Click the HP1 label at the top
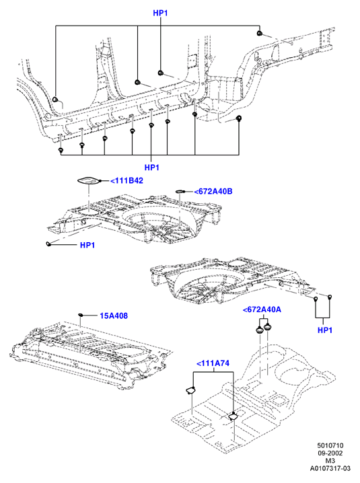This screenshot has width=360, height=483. tap(160, 13)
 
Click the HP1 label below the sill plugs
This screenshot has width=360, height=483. tap(151, 168)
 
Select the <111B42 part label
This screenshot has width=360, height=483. tap(127, 180)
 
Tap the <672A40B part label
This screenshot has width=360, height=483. tap(213, 191)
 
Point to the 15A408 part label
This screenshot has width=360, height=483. tap(114, 315)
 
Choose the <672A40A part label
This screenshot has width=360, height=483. tap(262, 309)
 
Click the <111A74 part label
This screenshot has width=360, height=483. tap(213, 363)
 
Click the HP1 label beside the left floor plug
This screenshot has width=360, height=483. tap(87, 245)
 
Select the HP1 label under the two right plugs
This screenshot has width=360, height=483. tap(325, 330)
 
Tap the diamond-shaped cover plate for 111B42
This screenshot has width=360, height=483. tap(88, 181)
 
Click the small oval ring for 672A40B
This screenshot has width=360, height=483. tap(180, 192)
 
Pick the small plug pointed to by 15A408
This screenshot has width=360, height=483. tap(80, 315)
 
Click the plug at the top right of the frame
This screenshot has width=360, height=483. tap(260, 33)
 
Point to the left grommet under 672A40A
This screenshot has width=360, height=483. tap(260, 330)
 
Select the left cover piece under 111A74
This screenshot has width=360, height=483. tap(190, 390)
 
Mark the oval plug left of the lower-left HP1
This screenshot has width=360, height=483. tap(48, 244)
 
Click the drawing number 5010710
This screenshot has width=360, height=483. tap(330, 445)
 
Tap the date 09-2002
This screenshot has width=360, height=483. tap(330, 453)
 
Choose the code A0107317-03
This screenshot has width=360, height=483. tap(330, 468)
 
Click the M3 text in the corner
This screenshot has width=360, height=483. tap(330, 461)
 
